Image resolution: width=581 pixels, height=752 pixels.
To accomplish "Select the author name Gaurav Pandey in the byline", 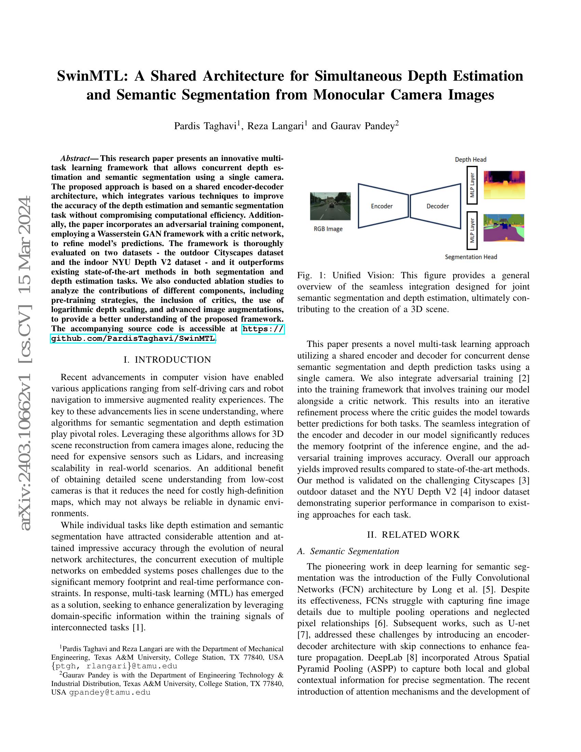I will (362, 126).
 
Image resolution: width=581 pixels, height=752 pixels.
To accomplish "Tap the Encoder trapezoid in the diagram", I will (382, 206).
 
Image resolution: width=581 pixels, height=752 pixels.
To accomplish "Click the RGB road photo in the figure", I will (330, 206).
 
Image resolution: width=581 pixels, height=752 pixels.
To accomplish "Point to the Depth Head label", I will (471, 159).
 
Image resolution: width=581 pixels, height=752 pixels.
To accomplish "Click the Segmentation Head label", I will (471, 257).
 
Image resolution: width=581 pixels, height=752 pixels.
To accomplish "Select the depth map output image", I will (504, 185).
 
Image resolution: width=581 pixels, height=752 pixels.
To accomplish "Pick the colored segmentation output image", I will (503, 228).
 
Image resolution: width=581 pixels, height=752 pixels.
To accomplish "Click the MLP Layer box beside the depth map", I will (472, 185).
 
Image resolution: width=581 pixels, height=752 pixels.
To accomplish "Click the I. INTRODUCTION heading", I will (167, 360).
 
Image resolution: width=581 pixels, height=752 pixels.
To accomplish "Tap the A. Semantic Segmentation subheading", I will (348, 551).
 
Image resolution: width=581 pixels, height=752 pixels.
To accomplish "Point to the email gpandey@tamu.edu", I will (110, 692).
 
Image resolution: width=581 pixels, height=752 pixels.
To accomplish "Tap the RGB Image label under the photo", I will (328, 229).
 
